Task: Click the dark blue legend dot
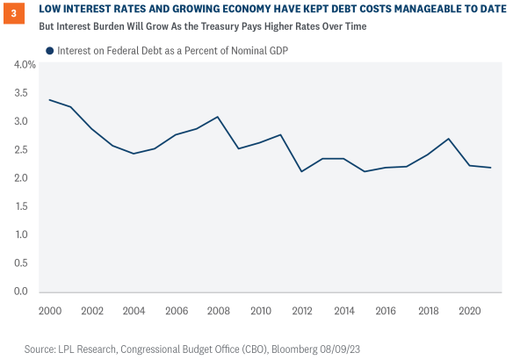tap(50, 51)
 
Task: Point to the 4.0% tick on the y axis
tap(22, 65)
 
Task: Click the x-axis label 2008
tap(218, 311)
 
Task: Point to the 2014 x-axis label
tap(345, 311)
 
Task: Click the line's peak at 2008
tap(218, 117)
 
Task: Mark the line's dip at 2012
tap(302, 171)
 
